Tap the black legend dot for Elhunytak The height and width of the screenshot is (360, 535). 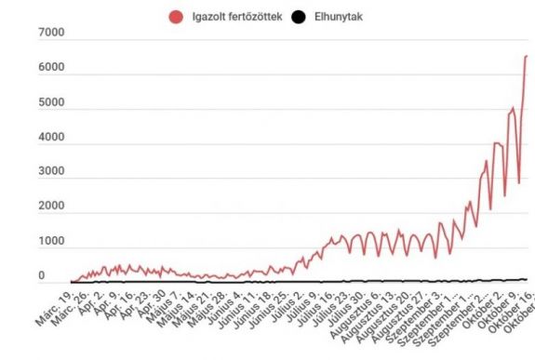coord(298,16)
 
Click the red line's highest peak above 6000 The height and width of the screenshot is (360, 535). coord(526,56)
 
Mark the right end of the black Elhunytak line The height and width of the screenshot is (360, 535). coord(527,279)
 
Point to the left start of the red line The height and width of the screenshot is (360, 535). coord(72,281)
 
